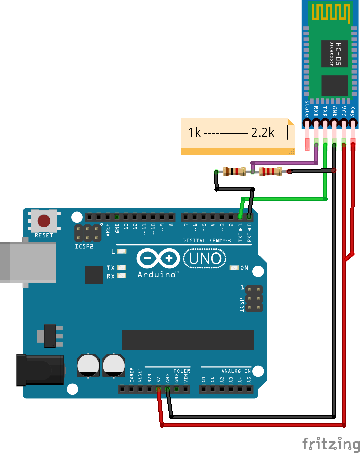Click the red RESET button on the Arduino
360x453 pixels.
44,221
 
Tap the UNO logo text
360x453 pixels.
205,258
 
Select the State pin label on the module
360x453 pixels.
307,108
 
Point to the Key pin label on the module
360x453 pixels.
352,111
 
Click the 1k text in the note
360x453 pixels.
194,133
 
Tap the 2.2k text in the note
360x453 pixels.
263,132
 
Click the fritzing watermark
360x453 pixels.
331,444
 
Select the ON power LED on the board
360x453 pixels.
234,268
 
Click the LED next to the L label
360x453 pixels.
122,251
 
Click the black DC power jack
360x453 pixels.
40,370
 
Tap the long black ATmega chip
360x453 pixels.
188,340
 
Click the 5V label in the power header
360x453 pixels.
159,380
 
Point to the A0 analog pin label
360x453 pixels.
204,380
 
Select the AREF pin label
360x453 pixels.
108,230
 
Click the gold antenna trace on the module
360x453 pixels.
331,12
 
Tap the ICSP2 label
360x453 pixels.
84,247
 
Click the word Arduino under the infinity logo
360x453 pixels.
157,275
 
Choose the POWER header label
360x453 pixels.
182,371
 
